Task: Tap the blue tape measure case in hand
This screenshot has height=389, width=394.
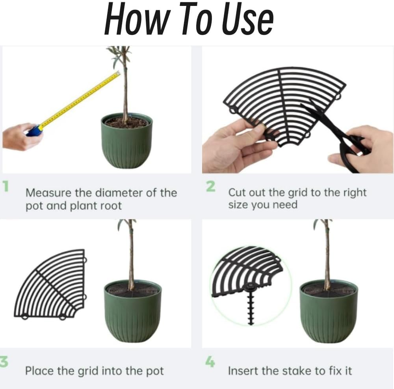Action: coord(34,130)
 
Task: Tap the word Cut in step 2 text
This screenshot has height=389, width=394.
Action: coord(237,193)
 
